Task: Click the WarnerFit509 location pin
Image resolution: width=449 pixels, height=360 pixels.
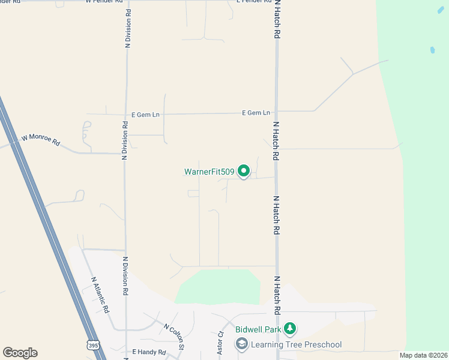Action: click(244, 172)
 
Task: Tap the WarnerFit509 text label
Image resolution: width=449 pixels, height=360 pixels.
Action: click(209, 172)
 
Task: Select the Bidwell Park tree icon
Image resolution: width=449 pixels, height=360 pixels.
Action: click(291, 328)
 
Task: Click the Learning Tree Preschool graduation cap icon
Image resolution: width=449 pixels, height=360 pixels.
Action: click(241, 344)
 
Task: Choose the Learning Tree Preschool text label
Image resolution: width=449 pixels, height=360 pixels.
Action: click(296, 344)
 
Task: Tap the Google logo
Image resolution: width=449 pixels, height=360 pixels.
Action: click(20, 353)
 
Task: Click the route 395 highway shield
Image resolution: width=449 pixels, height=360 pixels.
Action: click(92, 345)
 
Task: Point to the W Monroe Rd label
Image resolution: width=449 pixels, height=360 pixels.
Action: click(41, 140)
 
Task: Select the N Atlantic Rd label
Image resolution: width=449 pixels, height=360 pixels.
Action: click(100, 295)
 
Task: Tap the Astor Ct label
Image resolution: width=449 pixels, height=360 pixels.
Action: click(220, 343)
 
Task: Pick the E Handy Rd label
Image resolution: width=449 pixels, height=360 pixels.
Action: click(149, 352)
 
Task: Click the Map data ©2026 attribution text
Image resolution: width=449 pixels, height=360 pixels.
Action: click(424, 355)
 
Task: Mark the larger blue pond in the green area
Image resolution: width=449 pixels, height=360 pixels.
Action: click(432, 50)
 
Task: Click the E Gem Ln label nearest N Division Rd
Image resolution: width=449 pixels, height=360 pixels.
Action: click(146, 113)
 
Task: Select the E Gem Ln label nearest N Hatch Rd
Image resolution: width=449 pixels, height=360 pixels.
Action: click(256, 113)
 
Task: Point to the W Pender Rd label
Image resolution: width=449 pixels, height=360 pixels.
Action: click(103, 2)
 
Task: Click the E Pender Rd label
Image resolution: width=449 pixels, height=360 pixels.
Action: click(253, 2)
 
